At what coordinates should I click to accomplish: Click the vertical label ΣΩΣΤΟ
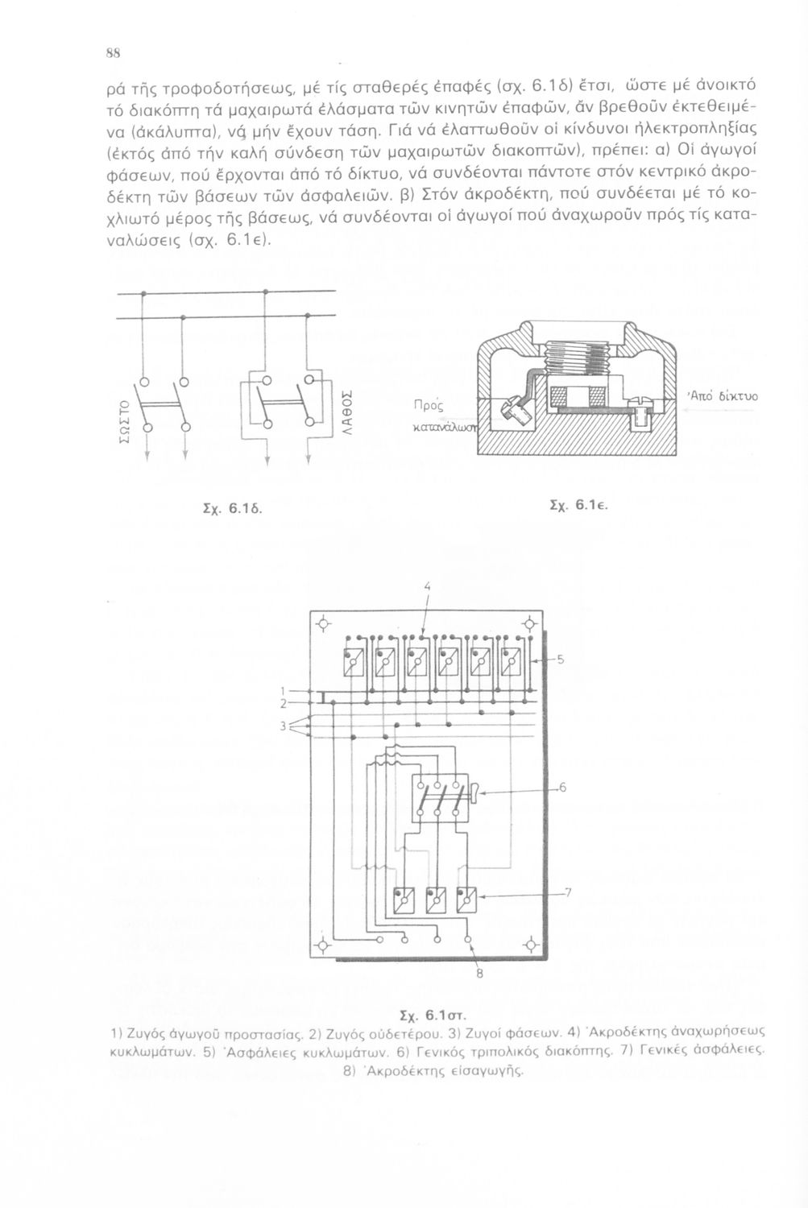123,423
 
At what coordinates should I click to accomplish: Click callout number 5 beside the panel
561,659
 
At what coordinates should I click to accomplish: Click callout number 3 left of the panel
282,726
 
